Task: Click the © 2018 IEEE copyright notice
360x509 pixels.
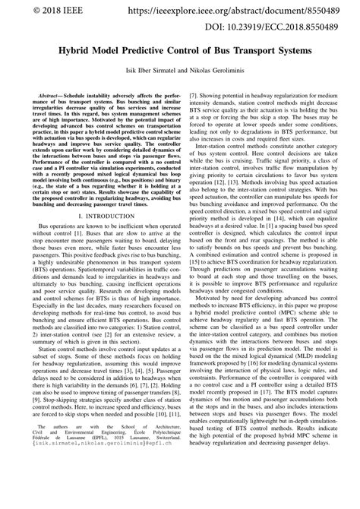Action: pyautogui.click(x=39, y=11)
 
